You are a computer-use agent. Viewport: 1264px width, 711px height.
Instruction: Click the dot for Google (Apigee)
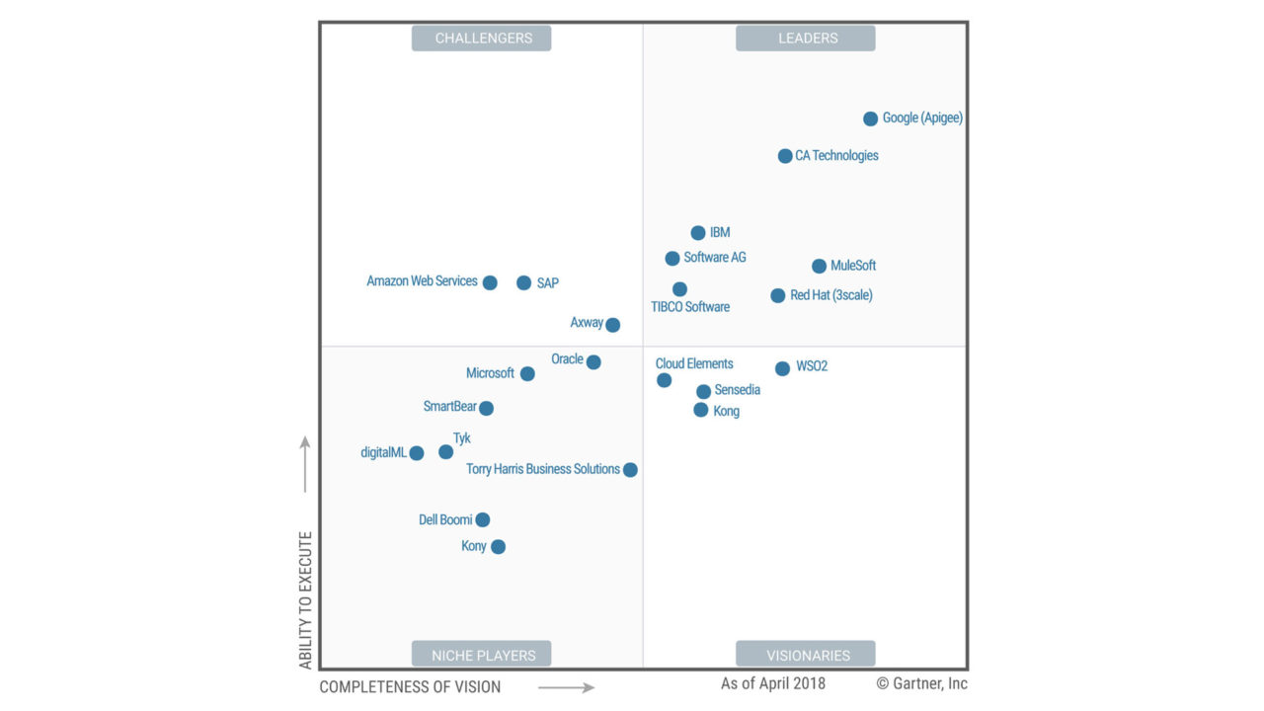click(870, 118)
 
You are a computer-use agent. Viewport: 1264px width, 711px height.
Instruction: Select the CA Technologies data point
click(785, 156)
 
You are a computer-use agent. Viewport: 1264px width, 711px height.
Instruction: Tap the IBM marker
click(698, 233)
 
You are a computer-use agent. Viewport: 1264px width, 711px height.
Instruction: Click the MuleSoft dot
click(819, 266)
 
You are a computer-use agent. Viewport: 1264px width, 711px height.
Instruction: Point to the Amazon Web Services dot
click(490, 282)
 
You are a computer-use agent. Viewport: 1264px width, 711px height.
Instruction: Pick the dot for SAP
click(523, 282)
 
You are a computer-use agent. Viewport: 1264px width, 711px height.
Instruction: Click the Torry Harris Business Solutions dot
click(630, 470)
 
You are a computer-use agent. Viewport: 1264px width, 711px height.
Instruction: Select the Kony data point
click(498, 547)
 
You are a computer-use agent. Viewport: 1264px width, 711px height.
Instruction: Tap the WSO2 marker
click(782, 368)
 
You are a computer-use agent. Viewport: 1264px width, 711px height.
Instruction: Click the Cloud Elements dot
click(664, 380)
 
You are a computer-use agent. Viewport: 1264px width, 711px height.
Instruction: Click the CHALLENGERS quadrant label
click(483, 39)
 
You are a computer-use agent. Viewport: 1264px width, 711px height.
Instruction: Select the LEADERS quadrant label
click(807, 39)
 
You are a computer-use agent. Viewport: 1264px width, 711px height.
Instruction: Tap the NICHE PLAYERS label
click(483, 655)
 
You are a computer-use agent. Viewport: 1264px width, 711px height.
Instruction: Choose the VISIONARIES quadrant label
click(807, 655)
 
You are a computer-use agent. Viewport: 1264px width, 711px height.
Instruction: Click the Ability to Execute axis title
click(306, 600)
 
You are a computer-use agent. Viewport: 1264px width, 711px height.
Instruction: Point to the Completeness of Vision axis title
click(410, 687)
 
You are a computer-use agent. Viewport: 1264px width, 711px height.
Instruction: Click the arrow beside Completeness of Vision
click(567, 687)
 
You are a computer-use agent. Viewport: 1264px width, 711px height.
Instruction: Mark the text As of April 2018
click(773, 683)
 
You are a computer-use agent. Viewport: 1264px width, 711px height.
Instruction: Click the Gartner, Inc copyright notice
click(921, 683)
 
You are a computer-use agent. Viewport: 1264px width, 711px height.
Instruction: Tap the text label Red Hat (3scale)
click(831, 295)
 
